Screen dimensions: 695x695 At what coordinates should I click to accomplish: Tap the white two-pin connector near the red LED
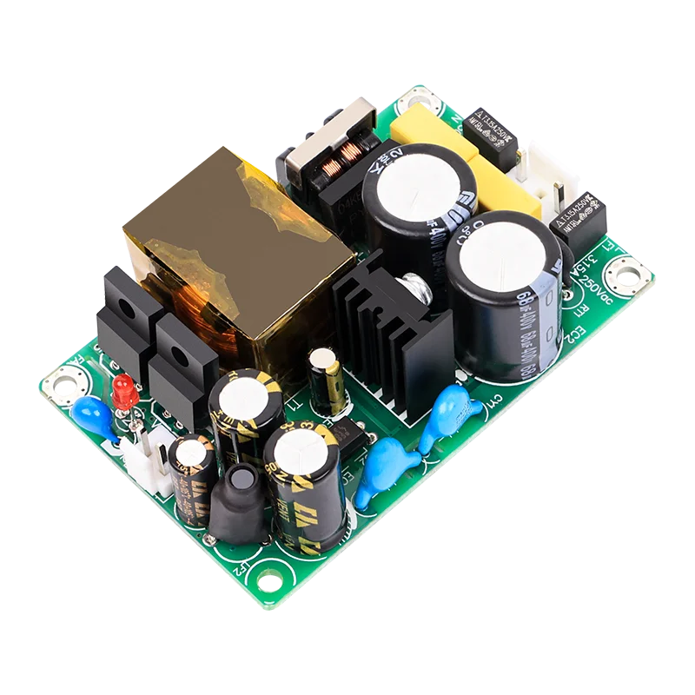(x=149, y=456)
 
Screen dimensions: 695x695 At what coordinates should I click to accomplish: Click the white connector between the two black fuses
(x=542, y=178)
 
